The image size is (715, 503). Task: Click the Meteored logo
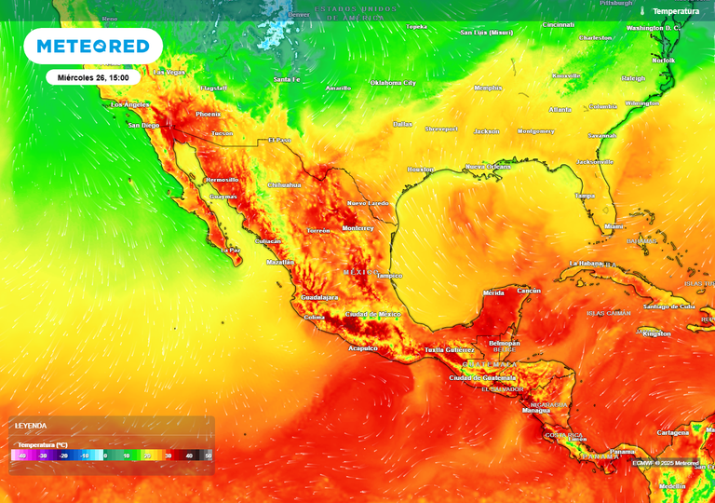click(x=92, y=46)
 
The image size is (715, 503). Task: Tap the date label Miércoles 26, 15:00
click(x=93, y=77)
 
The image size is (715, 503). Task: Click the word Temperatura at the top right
click(x=676, y=11)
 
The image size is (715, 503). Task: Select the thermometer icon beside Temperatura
click(x=642, y=11)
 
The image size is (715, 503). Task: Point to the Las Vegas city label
click(x=169, y=72)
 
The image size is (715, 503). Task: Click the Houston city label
click(x=421, y=170)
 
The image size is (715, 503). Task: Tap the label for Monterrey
click(x=357, y=228)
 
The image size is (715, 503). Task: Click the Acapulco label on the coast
click(x=362, y=348)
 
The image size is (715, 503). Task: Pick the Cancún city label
click(x=529, y=292)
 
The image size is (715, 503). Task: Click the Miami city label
click(x=614, y=226)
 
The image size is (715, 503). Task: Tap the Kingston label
click(x=656, y=333)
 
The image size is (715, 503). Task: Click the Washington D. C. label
click(x=654, y=28)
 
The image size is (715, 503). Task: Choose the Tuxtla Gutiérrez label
click(x=448, y=349)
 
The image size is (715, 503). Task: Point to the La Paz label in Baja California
click(x=230, y=251)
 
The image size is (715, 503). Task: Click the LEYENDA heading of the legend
click(x=30, y=426)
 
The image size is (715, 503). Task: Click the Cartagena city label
click(x=673, y=433)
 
